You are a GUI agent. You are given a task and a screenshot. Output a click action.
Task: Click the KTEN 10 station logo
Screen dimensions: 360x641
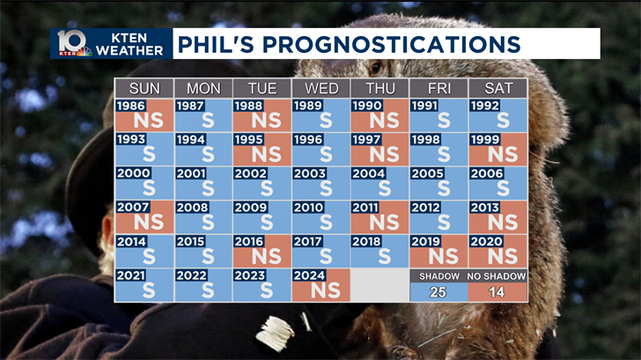(x=74, y=43)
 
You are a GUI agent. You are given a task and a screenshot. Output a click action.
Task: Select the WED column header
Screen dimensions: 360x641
(x=321, y=88)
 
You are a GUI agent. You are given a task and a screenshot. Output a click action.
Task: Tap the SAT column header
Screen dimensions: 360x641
(x=498, y=88)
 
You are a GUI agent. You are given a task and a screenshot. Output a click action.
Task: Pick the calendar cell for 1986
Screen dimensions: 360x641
(x=144, y=115)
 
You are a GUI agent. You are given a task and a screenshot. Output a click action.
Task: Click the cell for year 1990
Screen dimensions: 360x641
(x=380, y=115)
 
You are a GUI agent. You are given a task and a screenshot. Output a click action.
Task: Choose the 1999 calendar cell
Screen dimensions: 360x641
(x=498, y=149)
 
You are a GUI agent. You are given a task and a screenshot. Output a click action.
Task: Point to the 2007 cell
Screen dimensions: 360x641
(x=144, y=217)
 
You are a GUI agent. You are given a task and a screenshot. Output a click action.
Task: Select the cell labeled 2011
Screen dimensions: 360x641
(x=380, y=217)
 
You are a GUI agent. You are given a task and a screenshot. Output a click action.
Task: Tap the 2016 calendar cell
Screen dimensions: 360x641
(x=262, y=250)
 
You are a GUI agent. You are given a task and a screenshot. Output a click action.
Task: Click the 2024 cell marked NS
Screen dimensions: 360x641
(x=321, y=284)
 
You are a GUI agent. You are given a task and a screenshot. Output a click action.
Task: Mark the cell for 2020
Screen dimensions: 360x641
(x=498, y=250)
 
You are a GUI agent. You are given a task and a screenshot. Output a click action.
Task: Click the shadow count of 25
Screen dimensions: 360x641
(x=439, y=292)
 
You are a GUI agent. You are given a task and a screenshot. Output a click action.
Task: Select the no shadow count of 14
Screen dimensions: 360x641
(x=498, y=292)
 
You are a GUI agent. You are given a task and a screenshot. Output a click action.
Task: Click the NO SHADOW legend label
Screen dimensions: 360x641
(x=498, y=276)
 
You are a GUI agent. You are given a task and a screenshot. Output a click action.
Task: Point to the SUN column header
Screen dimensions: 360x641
(x=144, y=88)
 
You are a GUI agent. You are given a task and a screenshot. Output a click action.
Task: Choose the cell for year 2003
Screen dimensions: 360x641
(x=321, y=183)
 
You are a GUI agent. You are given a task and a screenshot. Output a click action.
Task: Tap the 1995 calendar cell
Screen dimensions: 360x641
(x=262, y=149)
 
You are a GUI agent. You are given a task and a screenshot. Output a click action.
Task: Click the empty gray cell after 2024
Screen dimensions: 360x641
(x=380, y=284)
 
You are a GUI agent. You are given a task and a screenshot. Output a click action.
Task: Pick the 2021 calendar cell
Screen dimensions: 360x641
(x=144, y=284)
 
